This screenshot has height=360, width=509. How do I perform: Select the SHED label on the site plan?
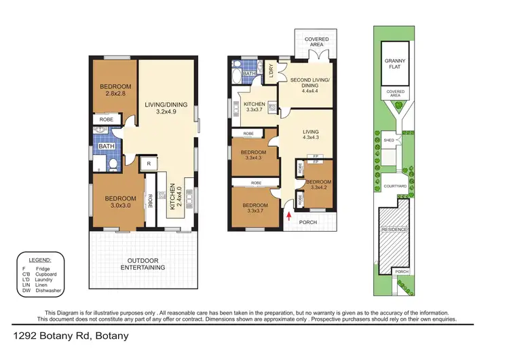pos(389,141)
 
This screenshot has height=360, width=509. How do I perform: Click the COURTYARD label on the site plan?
pos(394,185)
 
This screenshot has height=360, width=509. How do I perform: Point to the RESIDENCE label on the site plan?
pos(394,229)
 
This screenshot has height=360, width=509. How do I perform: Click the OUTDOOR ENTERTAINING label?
pos(143,264)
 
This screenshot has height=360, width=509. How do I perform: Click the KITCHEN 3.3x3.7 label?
pos(254,107)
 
